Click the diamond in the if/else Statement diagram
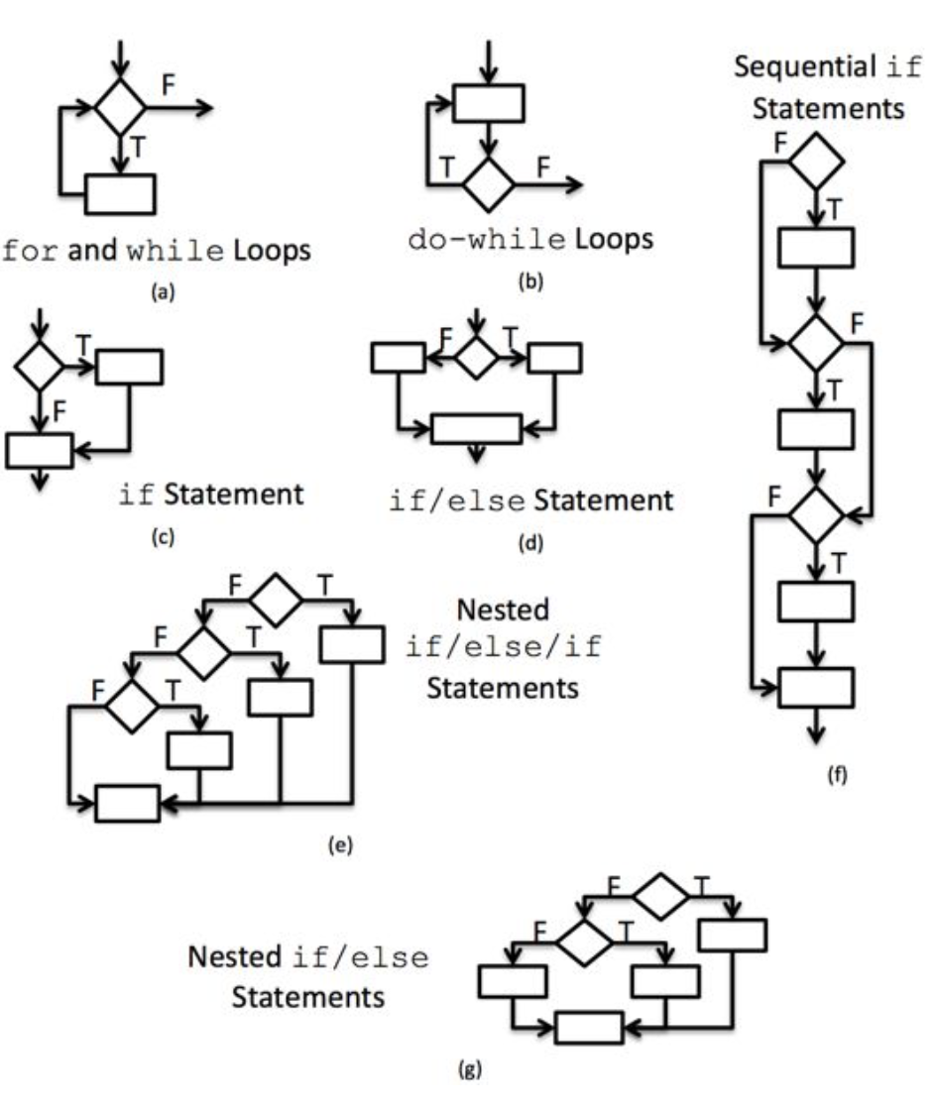[x=478, y=357]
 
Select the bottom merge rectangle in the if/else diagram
[x=477, y=427]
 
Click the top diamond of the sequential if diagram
[x=815, y=164]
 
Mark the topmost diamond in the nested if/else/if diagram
[x=274, y=599]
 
